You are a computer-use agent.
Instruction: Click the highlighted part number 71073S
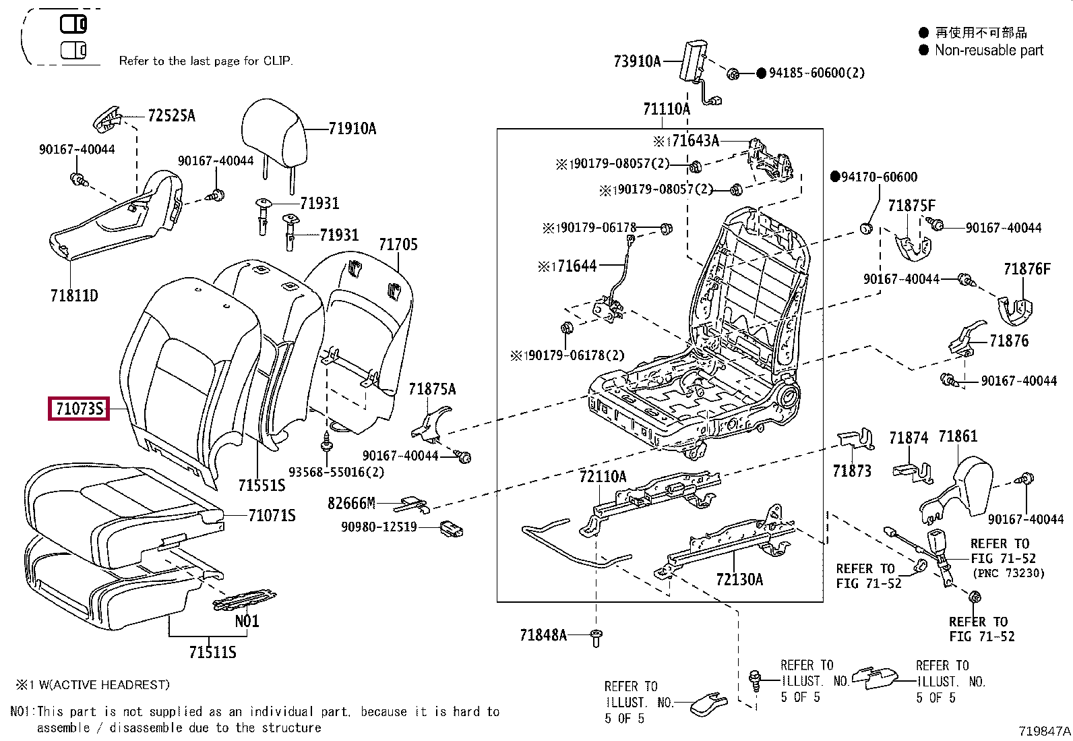pyautogui.click(x=79, y=409)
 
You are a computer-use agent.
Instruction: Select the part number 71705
pyautogui.click(x=398, y=245)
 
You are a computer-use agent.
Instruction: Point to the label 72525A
pyautogui.click(x=171, y=116)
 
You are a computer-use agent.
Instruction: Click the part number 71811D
pyautogui.click(x=73, y=295)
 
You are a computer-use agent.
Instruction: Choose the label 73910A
pyautogui.click(x=637, y=61)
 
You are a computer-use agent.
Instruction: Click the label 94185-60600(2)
pyautogui.click(x=816, y=73)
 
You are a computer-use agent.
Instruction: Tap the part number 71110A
pyautogui.click(x=666, y=109)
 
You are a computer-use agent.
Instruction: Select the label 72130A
pyautogui.click(x=739, y=580)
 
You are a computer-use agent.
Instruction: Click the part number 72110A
pyautogui.click(x=603, y=477)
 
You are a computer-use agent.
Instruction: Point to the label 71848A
pyautogui.click(x=543, y=635)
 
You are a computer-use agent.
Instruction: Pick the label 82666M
pyautogui.click(x=351, y=504)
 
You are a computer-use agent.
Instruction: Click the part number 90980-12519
pyautogui.click(x=379, y=527)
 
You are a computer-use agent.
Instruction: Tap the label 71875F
pyautogui.click(x=911, y=206)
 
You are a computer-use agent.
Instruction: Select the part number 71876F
pyautogui.click(x=1026, y=270)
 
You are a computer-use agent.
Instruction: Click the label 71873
pyautogui.click(x=852, y=471)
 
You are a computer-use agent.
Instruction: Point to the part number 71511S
pyautogui.click(x=212, y=652)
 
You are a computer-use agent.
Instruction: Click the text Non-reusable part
pyautogui.click(x=989, y=51)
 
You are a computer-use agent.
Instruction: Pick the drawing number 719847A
pyautogui.click(x=1044, y=731)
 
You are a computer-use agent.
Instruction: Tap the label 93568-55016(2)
pyautogui.click(x=336, y=472)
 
